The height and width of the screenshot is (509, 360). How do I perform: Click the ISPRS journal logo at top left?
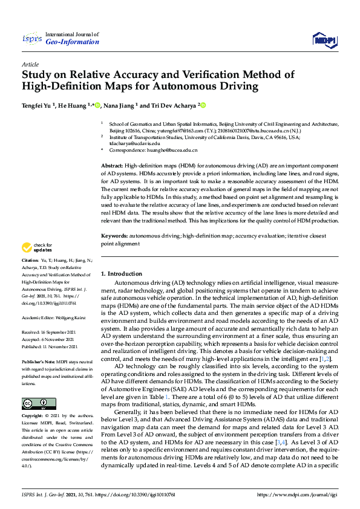(x=32, y=39)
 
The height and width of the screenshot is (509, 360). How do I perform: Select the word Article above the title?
(x=30, y=63)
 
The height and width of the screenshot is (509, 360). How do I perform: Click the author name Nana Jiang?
(x=119, y=105)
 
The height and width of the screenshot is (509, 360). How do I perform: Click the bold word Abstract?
(x=112, y=165)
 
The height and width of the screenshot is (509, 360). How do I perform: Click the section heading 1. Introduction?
(x=122, y=274)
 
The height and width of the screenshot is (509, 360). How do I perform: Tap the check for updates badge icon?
(x=27, y=247)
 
